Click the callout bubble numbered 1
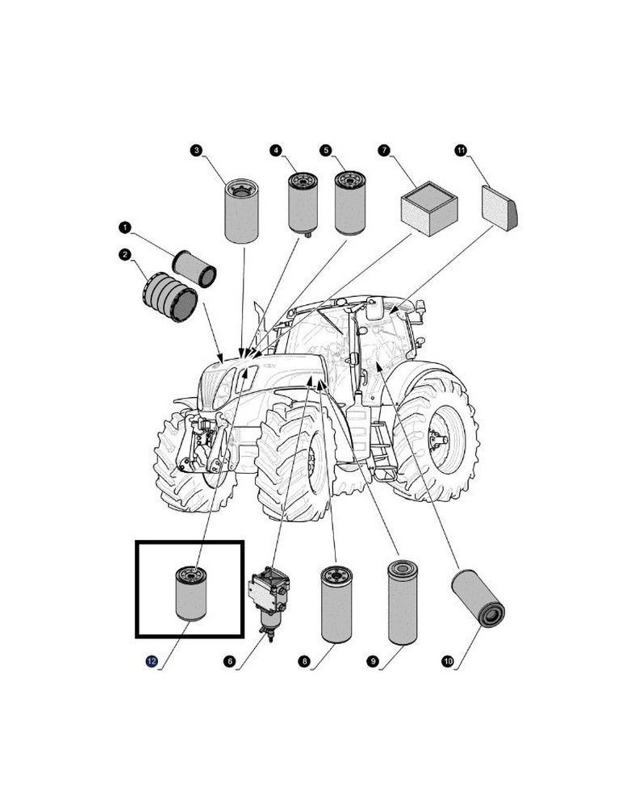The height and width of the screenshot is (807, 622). [124, 227]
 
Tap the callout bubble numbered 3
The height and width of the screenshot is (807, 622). [196, 150]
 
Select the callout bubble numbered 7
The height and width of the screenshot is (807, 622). [384, 150]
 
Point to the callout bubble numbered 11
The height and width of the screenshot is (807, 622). [461, 150]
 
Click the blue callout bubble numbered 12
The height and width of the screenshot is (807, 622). [152, 662]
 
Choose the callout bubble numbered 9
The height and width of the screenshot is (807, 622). [373, 662]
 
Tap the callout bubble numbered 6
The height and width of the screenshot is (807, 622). [229, 662]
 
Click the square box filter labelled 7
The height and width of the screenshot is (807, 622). [429, 208]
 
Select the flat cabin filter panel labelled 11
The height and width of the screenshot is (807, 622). [499, 208]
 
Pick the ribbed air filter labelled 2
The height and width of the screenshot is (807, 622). [169, 297]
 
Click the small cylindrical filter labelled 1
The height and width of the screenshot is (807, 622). [194, 269]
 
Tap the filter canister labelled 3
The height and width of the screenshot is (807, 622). [242, 211]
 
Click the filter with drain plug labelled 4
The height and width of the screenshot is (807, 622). [303, 204]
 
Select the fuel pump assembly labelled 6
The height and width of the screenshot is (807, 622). [269, 603]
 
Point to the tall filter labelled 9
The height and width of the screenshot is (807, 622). [403, 602]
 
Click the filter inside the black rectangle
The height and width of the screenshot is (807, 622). [190, 593]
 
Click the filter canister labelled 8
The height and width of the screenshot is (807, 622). [336, 604]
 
